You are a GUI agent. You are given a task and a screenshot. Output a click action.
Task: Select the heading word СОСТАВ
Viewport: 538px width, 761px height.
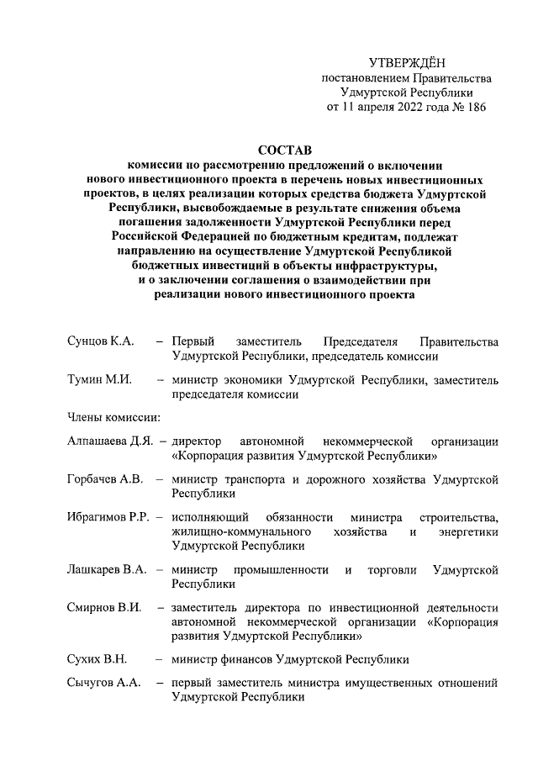[x=284, y=150]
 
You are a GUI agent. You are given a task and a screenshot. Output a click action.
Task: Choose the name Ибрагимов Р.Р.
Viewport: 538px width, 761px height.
[x=108, y=516]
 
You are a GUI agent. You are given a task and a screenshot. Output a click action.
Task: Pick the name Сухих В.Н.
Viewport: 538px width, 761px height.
[x=95, y=659]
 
